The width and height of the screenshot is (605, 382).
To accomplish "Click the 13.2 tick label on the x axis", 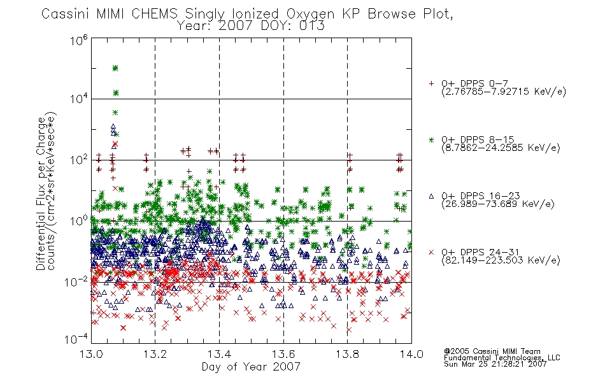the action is click(155, 354).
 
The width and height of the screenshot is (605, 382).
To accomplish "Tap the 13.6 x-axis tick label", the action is click(283, 354).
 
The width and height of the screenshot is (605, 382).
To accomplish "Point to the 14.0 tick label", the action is click(411, 354).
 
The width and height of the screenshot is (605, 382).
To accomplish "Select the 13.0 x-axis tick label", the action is click(91, 354).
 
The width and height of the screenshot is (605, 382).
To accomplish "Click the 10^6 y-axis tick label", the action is click(79, 39).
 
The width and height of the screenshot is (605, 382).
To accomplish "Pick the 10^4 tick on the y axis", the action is click(79, 99).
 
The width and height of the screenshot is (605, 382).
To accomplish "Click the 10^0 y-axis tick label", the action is click(79, 220).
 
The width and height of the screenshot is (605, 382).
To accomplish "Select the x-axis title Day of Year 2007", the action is click(251, 367).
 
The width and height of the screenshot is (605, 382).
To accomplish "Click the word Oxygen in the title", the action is click(310, 14).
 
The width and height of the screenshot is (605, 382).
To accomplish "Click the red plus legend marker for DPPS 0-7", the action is click(431, 83).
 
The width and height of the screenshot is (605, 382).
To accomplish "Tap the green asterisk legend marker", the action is click(431, 139).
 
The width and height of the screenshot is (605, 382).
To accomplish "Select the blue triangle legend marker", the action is click(431, 196).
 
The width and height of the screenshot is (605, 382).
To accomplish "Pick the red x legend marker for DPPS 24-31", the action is click(431, 252).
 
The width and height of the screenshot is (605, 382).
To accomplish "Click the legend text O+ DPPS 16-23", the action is click(481, 195).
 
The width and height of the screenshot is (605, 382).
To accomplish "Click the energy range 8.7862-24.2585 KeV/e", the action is click(501, 148).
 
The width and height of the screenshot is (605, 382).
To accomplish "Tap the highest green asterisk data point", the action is click(115, 68).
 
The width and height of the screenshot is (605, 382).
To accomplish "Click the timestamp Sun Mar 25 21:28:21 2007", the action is click(495, 364).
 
